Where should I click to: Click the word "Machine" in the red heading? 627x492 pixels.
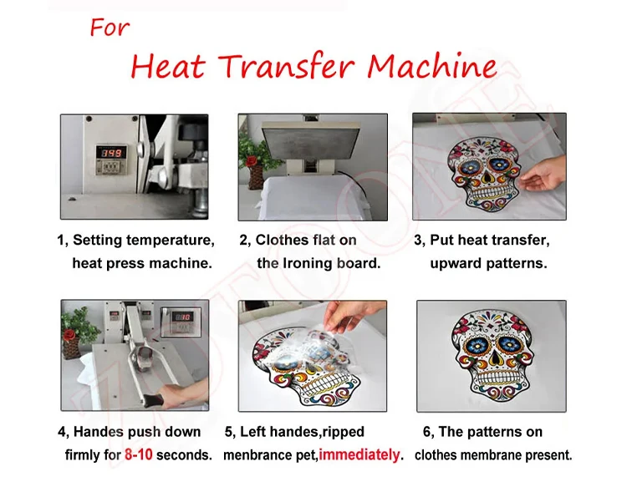(432, 66)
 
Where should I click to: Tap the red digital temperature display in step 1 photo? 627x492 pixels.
(112, 153)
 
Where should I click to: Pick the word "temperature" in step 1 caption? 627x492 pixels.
(173, 241)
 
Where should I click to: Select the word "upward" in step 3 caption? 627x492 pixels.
(457, 262)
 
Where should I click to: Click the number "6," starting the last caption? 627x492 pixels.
(428, 432)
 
